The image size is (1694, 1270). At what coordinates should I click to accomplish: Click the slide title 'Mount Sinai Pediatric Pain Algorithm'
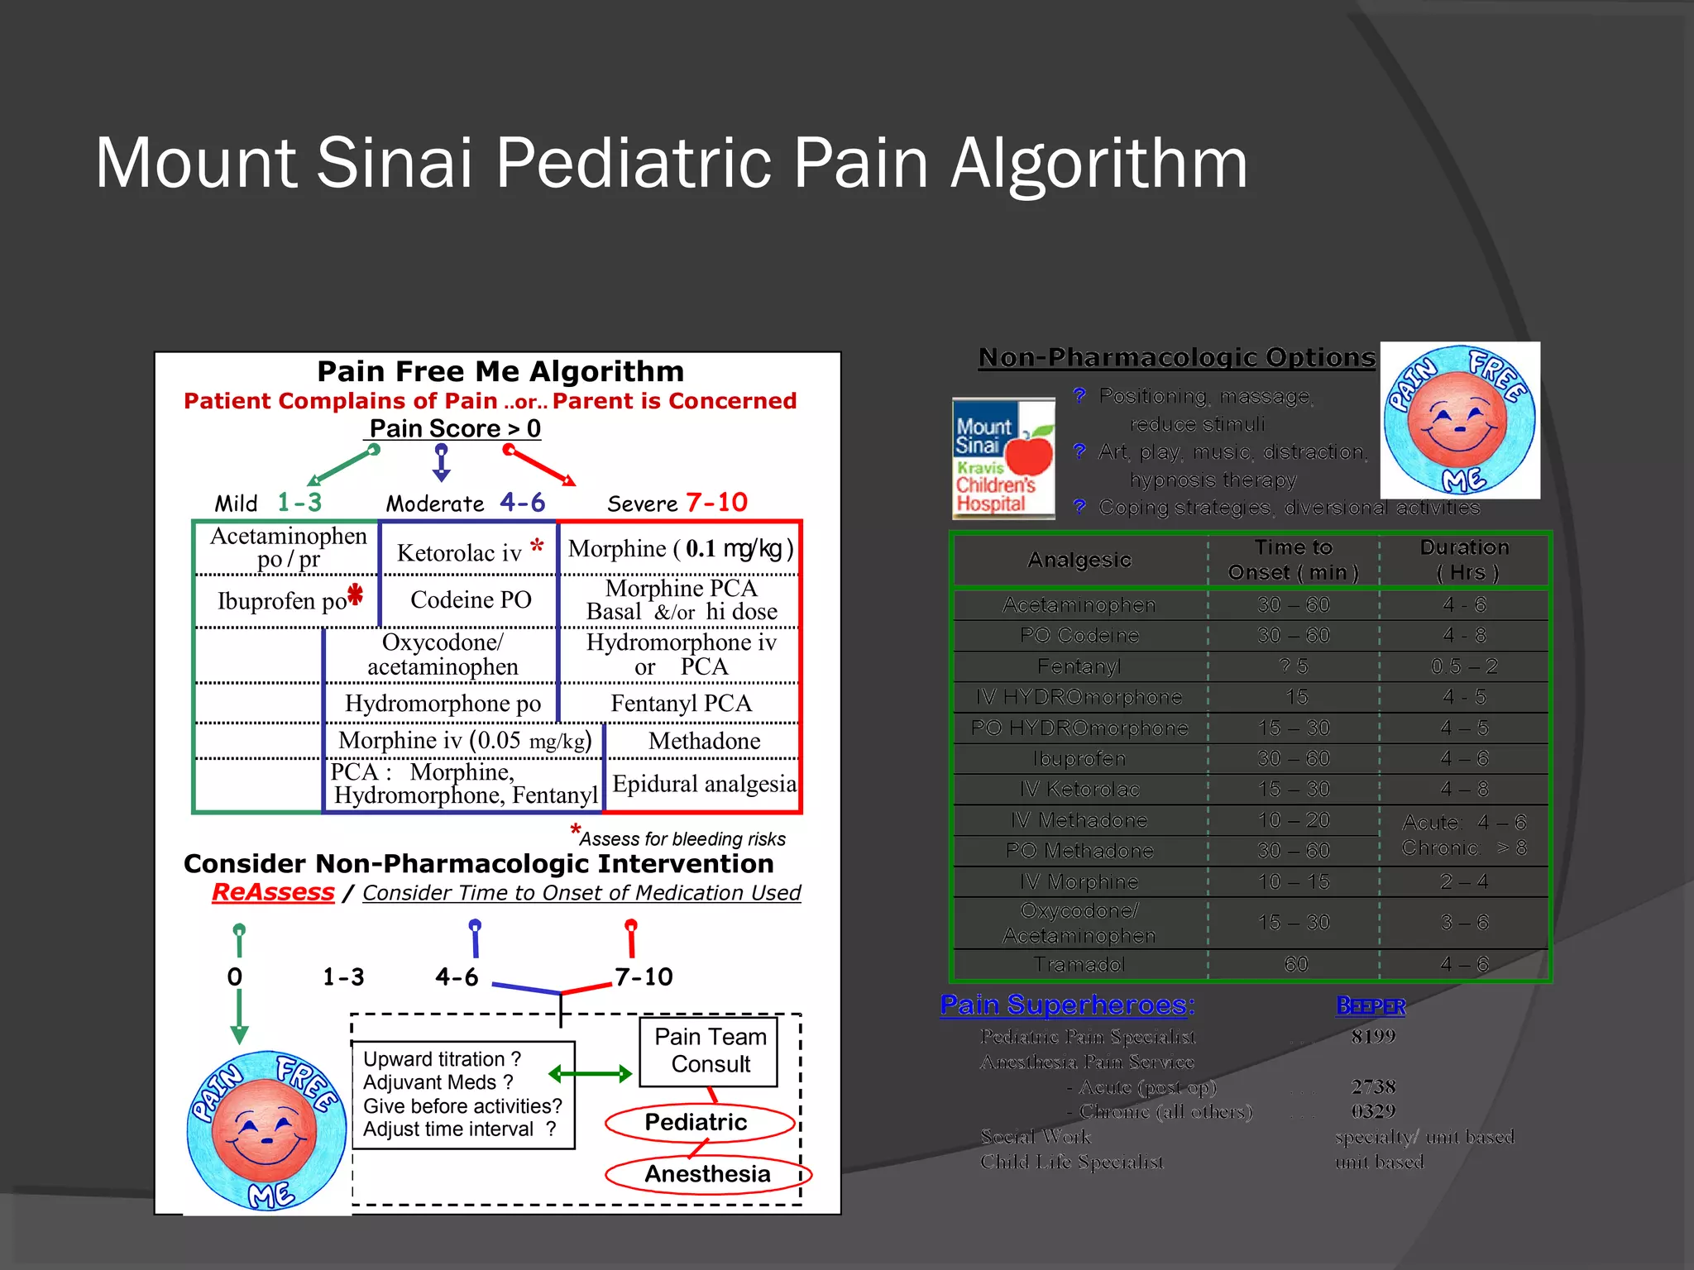tap(671, 163)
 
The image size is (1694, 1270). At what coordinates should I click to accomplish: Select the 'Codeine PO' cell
tap(471, 599)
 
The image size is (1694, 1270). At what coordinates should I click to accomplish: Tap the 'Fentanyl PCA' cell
tap(681, 703)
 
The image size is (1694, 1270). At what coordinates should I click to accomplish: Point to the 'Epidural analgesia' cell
tap(704, 783)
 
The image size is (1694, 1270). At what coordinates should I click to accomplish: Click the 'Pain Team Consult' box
tap(710, 1050)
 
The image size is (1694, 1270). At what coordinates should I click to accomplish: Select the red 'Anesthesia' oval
tap(707, 1174)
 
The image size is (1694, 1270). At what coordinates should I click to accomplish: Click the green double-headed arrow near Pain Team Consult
tap(590, 1074)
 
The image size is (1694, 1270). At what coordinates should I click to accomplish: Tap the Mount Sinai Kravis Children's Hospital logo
tap(1003, 458)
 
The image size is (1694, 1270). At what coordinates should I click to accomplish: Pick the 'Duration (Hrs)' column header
tap(1464, 560)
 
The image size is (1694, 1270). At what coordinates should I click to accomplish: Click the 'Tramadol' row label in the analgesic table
tap(1079, 964)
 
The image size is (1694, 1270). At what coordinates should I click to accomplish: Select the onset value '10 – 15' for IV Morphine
tap(1294, 881)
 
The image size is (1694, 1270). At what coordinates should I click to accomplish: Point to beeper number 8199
tap(1373, 1036)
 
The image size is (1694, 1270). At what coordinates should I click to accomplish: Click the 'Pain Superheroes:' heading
tap(1067, 1005)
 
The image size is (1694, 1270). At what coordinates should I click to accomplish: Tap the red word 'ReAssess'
tap(273, 892)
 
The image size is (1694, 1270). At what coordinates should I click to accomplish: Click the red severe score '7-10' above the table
tap(716, 502)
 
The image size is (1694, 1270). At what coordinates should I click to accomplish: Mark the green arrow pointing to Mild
tap(342, 466)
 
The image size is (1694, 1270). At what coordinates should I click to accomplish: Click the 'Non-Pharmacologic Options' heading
tap(1176, 357)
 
